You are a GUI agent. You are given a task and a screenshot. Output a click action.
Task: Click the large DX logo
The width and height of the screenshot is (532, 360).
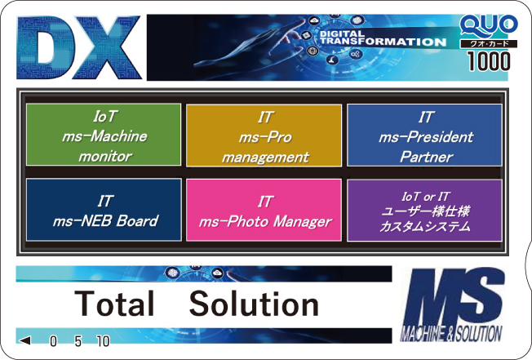pyautogui.click(x=78, y=47)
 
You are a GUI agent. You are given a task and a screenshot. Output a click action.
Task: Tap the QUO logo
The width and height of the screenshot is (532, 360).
pyautogui.click(x=489, y=26)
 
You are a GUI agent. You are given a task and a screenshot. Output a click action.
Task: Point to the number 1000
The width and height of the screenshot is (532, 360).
pyautogui.click(x=489, y=61)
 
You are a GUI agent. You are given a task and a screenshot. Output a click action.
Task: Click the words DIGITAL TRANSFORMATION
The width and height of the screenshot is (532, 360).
pyautogui.click(x=383, y=38)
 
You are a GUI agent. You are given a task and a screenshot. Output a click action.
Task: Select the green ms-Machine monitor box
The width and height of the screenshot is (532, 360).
pyautogui.click(x=104, y=135)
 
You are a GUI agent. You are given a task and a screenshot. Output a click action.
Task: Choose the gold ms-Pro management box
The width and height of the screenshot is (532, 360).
pyautogui.click(x=264, y=136)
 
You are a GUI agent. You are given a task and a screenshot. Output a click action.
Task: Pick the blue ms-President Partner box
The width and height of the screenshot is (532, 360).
pyautogui.click(x=424, y=135)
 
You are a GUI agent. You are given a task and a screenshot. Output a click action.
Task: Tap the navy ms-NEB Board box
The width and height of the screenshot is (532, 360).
pyautogui.click(x=104, y=210)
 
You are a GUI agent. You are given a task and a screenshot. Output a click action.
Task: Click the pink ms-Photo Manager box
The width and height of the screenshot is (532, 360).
pyautogui.click(x=264, y=211)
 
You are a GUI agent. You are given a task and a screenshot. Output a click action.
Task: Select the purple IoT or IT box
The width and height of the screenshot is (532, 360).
pyautogui.click(x=424, y=211)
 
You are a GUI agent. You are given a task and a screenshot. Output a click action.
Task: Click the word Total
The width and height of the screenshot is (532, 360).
pyautogui.click(x=114, y=304)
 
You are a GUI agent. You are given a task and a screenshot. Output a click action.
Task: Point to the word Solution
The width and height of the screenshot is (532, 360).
pyautogui.click(x=254, y=304)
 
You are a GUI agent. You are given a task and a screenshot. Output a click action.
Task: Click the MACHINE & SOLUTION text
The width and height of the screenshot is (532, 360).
pyautogui.click(x=451, y=334)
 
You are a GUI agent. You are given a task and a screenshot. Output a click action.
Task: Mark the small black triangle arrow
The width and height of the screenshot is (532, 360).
pyautogui.click(x=24, y=340)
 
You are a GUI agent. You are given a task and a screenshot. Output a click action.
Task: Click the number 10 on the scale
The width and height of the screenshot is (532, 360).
pyautogui.click(x=103, y=341)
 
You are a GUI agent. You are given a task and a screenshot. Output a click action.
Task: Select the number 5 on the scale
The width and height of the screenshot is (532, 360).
pyautogui.click(x=78, y=341)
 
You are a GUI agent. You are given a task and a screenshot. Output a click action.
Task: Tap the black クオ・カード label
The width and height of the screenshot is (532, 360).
pyautogui.click(x=489, y=44)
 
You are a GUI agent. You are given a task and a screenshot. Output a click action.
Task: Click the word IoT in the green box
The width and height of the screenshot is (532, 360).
pyautogui.click(x=105, y=117)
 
